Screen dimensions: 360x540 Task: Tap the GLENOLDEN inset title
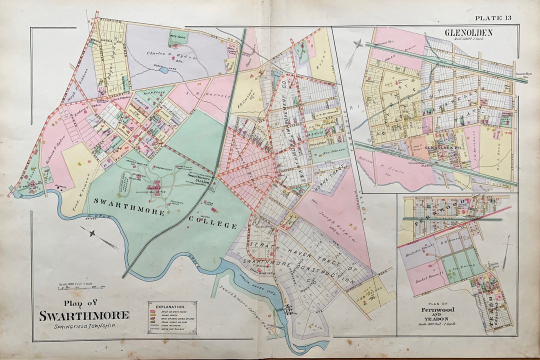pyautogui.click(x=468, y=32)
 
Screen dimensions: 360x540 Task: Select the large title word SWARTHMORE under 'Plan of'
pyautogui.click(x=84, y=315)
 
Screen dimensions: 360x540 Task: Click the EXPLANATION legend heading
pyautogui.click(x=171, y=305)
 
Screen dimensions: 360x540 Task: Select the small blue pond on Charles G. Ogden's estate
pyautogui.click(x=163, y=70)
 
